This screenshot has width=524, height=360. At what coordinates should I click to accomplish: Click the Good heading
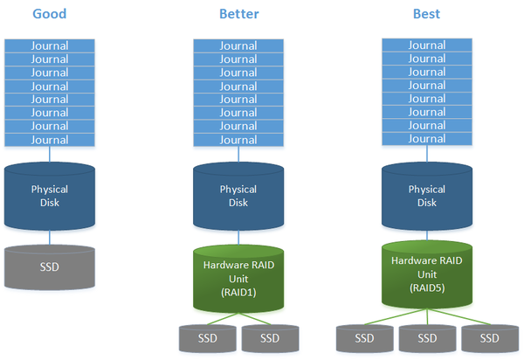pyautogui.click(x=50, y=14)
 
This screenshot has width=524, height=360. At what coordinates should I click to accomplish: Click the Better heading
pyautogui.click(x=239, y=14)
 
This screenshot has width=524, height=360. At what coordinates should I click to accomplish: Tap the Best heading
pyautogui.click(x=426, y=14)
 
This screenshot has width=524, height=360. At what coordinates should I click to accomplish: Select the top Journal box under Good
pyautogui.click(x=50, y=45)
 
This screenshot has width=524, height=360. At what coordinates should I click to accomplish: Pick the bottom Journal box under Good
pyautogui.click(x=50, y=140)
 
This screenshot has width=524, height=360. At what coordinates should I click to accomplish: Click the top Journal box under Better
pyautogui.click(x=238, y=45)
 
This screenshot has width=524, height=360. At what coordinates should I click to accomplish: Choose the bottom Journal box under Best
pyautogui.click(x=427, y=139)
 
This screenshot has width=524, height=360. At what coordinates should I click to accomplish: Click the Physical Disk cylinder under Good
pyautogui.click(x=50, y=197)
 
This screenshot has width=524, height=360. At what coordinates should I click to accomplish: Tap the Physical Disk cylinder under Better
pyautogui.click(x=238, y=197)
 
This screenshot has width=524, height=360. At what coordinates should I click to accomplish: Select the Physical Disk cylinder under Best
pyautogui.click(x=427, y=197)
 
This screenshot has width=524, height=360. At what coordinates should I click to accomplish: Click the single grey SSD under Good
pyautogui.click(x=50, y=267)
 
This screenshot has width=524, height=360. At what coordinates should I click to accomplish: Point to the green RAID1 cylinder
pyautogui.click(x=238, y=279)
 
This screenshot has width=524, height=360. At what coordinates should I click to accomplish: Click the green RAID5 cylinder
pyautogui.click(x=427, y=274)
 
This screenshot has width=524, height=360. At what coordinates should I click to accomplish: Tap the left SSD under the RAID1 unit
pyautogui.click(x=208, y=338)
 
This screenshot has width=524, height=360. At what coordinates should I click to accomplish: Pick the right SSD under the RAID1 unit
pyautogui.click(x=270, y=338)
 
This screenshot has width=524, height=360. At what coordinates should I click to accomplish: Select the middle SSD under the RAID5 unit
pyautogui.click(x=427, y=338)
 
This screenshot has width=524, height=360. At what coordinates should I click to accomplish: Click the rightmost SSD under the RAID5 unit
pyautogui.click(x=490, y=338)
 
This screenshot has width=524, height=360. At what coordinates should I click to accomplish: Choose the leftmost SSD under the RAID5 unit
pyautogui.click(x=364, y=338)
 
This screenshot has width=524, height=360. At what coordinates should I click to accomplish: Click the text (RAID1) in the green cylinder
pyautogui.click(x=238, y=293)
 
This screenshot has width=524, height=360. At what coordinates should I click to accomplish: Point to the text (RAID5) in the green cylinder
pyautogui.click(x=427, y=287)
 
